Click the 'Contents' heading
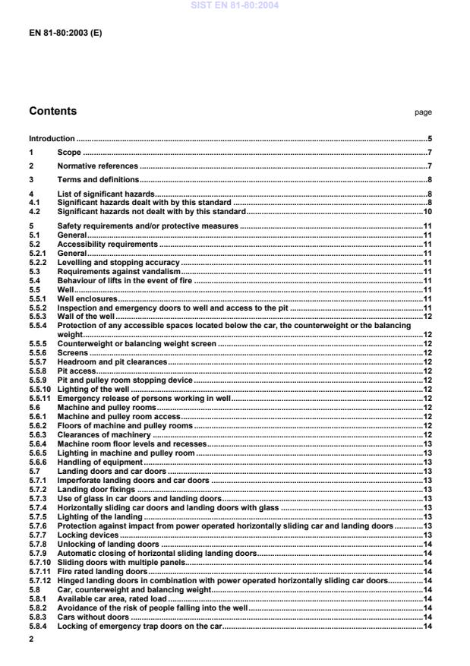click(x=52, y=112)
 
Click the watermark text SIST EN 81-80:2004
click(x=235, y=5)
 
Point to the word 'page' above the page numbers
click(x=423, y=112)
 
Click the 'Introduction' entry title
click(x=52, y=139)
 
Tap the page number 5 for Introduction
click(x=429, y=139)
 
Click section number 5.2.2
click(x=39, y=262)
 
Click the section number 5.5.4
click(x=39, y=325)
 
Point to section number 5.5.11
click(x=40, y=398)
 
